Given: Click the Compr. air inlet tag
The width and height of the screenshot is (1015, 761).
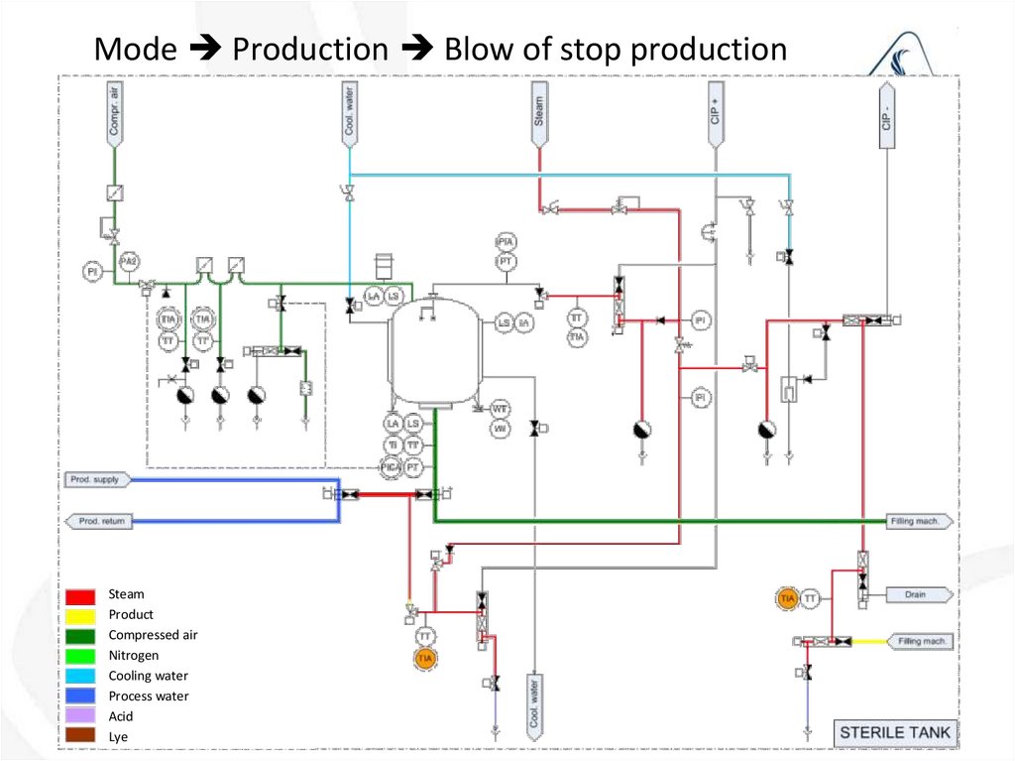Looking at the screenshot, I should pos(114,114).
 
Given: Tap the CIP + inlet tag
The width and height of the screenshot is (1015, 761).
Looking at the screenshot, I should pos(715,114).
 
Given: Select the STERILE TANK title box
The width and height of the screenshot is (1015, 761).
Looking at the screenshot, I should pos(894,734).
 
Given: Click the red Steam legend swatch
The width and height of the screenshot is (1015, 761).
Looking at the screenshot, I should pos(81,595).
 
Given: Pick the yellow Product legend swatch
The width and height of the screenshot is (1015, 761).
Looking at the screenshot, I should pos(81,615).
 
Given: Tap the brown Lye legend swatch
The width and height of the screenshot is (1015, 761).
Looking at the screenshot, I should pos(81,736).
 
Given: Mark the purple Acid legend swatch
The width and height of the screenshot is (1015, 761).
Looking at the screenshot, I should pos(81,716).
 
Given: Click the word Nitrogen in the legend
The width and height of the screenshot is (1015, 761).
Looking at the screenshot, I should pos(133,656).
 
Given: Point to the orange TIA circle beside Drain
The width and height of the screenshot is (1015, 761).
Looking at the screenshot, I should pos(788,598).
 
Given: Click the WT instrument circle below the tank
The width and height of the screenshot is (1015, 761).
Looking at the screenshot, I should pos(501,409).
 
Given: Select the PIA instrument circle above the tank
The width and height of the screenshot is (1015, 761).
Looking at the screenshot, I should pos(506,242).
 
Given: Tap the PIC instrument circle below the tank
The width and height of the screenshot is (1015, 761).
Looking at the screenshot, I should pos(393,465).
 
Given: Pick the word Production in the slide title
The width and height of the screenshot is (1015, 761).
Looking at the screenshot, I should pos(310,49).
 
